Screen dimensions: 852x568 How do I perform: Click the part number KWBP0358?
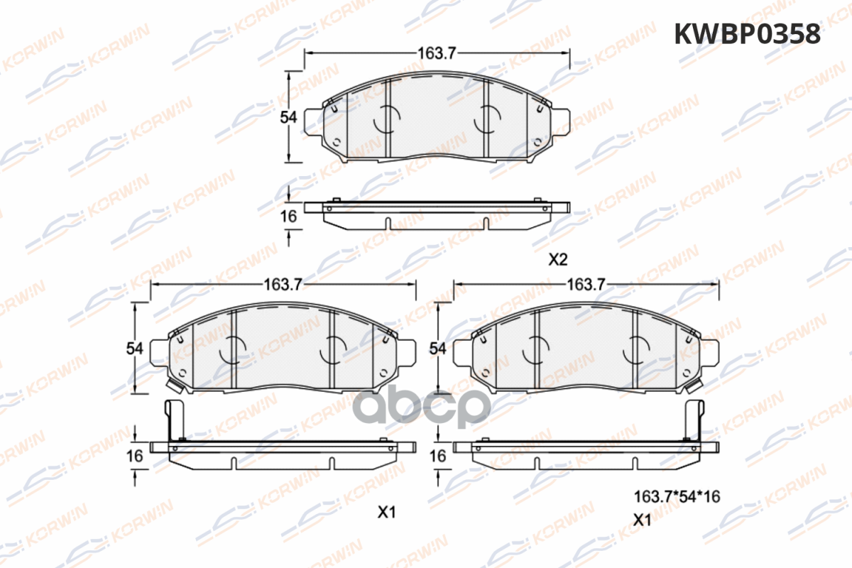coord(748,34)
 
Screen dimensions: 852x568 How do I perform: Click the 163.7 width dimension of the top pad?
coord(437,53)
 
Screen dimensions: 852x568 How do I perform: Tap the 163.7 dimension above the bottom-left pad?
coord(283,284)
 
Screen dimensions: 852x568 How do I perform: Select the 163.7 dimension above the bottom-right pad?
coord(586,284)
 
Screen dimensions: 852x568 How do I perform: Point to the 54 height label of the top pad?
coord(288,117)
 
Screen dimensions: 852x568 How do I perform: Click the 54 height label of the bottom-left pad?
coord(135,349)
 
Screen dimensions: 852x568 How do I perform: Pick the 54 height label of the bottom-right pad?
coord(437,349)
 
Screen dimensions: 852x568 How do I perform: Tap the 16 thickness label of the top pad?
coord(288,217)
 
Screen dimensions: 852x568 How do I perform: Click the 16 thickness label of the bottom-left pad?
coord(135,456)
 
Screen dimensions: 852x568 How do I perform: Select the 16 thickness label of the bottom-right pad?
coord(437,456)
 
